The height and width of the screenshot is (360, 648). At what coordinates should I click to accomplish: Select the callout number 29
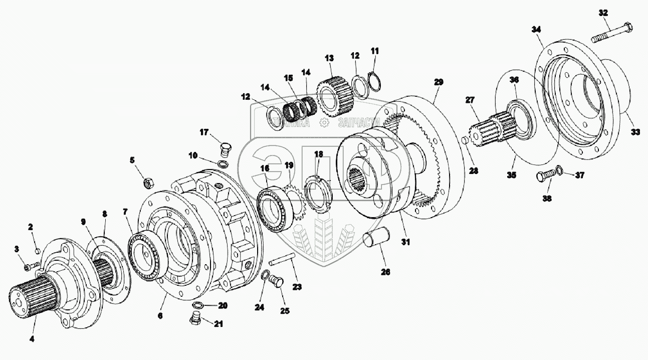(439, 81)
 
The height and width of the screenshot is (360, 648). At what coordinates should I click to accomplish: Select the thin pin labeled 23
(281, 261)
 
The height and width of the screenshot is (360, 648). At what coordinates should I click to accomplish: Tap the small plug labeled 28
(464, 140)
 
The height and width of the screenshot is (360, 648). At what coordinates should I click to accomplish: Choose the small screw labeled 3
(33, 264)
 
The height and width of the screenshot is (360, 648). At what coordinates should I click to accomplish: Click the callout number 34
(537, 30)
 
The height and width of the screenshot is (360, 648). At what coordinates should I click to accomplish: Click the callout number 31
(405, 242)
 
